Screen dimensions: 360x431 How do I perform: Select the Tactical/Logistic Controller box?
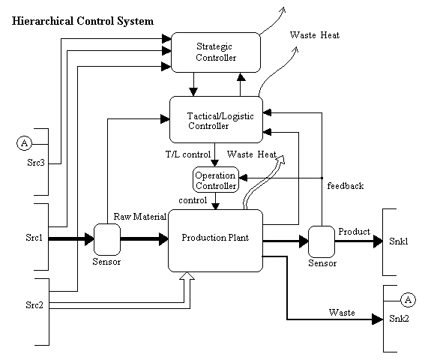216,120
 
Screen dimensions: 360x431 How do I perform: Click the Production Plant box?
215,240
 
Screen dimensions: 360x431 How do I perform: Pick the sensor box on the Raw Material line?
107,239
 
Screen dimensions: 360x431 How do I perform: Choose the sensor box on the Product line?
322,241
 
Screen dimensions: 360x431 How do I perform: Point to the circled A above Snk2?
408,300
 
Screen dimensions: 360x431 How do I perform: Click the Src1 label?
34,239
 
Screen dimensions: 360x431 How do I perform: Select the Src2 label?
34,306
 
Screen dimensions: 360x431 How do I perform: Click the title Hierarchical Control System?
83,21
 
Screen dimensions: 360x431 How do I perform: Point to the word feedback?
345,184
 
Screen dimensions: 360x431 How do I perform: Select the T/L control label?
187,154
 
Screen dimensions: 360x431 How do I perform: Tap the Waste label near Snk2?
342,311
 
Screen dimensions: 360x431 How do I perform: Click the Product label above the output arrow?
354,232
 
